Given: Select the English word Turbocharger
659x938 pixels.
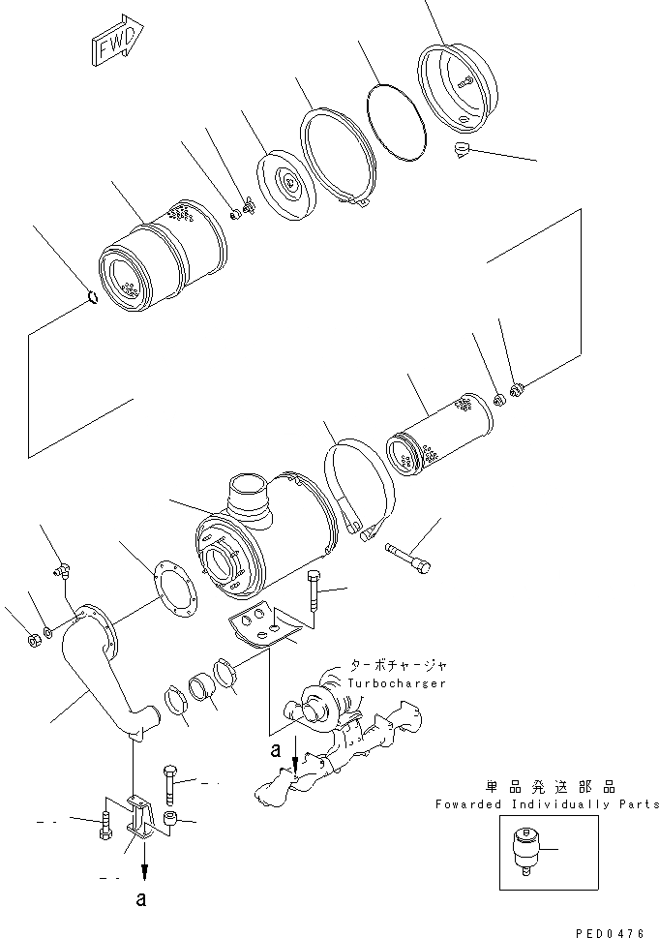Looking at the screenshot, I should [x=397, y=683].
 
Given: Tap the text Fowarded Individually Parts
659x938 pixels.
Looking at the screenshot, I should [x=547, y=804].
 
